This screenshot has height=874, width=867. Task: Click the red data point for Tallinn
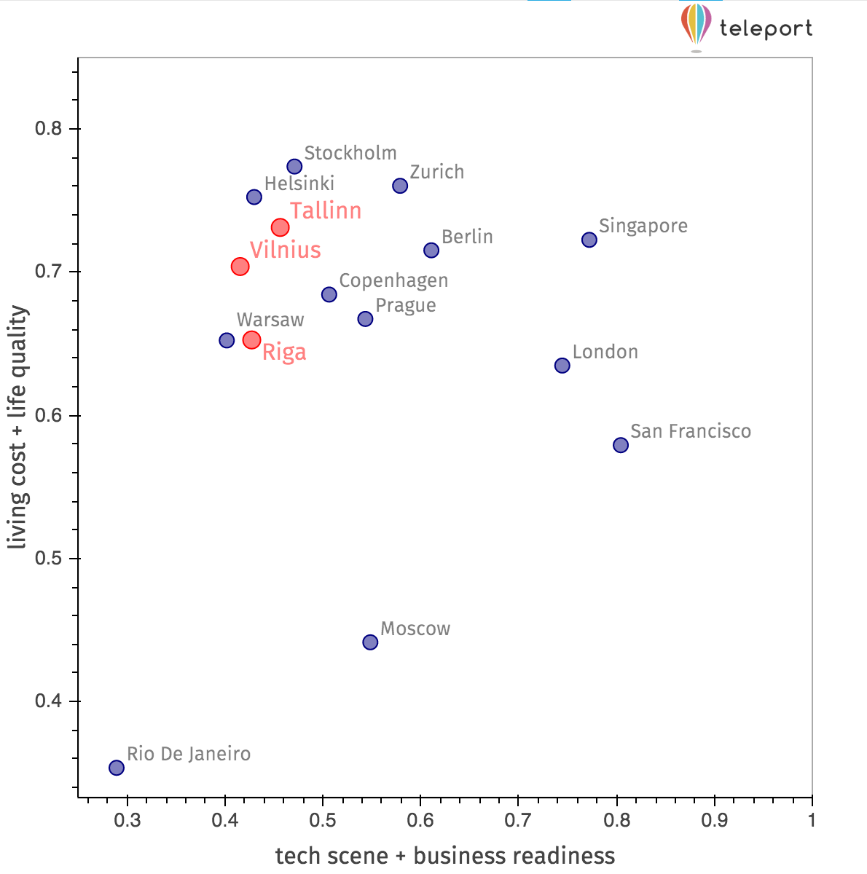tap(280, 227)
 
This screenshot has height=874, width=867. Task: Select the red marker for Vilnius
tap(240, 267)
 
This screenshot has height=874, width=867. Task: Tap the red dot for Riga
tap(251, 339)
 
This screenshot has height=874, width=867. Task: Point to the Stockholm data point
tap(294, 167)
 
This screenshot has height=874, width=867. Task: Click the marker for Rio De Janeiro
tap(117, 768)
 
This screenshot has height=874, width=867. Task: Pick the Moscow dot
tap(370, 642)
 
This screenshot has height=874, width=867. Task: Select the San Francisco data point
tap(621, 445)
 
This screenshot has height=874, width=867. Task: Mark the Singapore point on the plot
tap(589, 240)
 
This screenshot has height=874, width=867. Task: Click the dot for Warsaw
tap(227, 340)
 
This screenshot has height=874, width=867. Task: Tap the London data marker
tap(562, 366)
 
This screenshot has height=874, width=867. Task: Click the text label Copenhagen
tap(393, 280)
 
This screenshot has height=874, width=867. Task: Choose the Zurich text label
tap(436, 172)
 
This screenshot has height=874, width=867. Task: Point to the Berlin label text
tap(467, 237)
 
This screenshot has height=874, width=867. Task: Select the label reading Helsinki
tap(299, 184)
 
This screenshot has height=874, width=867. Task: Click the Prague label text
tap(406, 305)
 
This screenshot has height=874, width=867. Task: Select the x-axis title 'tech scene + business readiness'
tap(444, 855)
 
